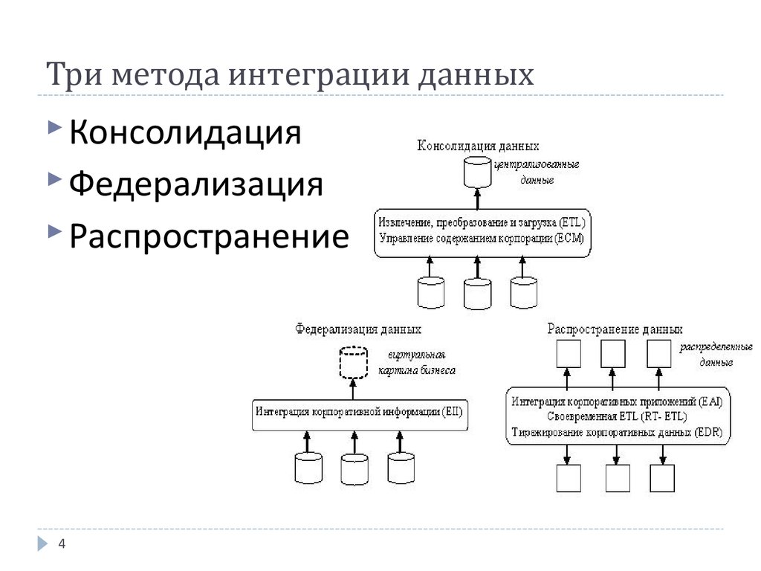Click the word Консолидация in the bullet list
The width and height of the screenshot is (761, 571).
point(185,135)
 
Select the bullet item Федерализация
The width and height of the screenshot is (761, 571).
point(196,185)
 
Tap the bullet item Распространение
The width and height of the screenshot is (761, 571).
point(209,236)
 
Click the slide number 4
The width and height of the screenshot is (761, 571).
point(62,544)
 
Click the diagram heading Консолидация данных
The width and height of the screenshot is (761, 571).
point(478,146)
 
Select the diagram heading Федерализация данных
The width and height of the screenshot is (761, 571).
point(358,328)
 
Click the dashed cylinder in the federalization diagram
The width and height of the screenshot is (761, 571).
point(353,362)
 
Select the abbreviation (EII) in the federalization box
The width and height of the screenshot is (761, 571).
point(452,411)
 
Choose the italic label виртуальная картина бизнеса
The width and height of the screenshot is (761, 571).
point(415,362)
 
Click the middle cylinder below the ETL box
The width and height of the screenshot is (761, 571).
point(478,293)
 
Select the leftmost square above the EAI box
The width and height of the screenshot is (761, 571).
point(568,354)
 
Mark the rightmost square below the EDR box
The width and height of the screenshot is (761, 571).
point(662,477)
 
